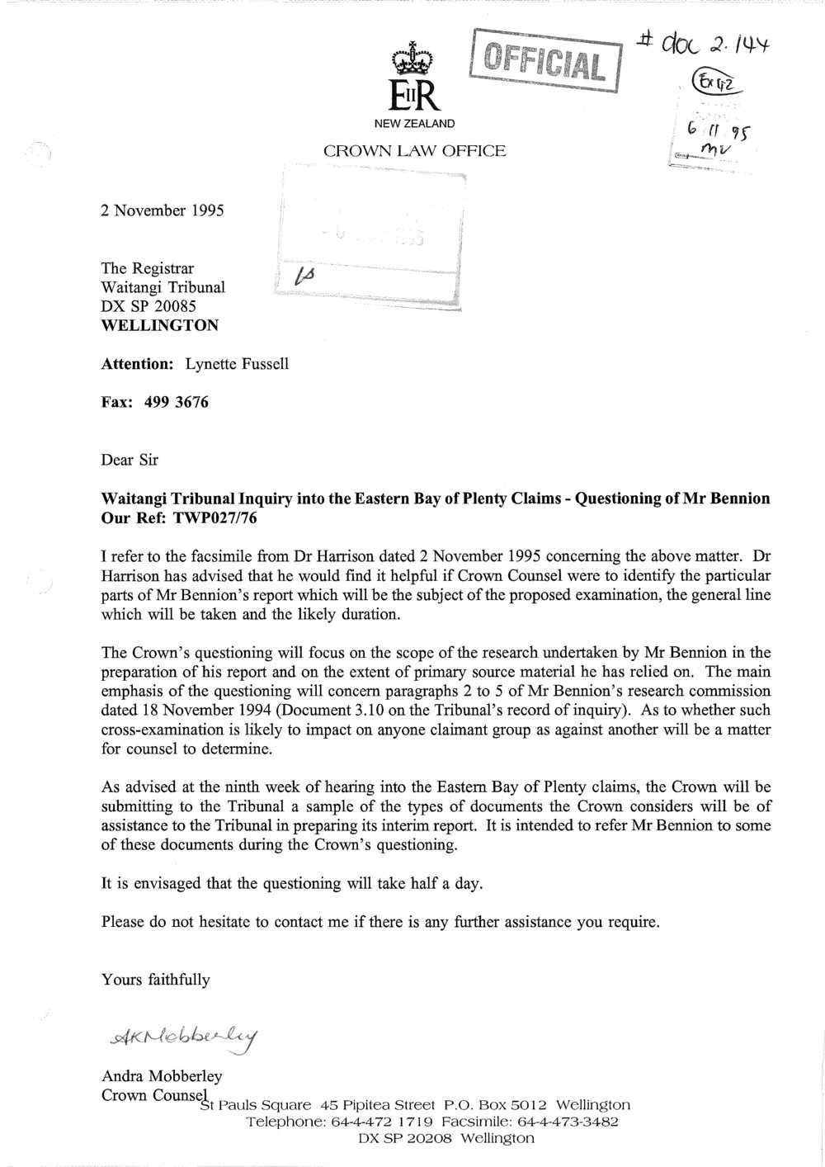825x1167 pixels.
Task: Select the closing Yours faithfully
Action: click(x=156, y=980)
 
